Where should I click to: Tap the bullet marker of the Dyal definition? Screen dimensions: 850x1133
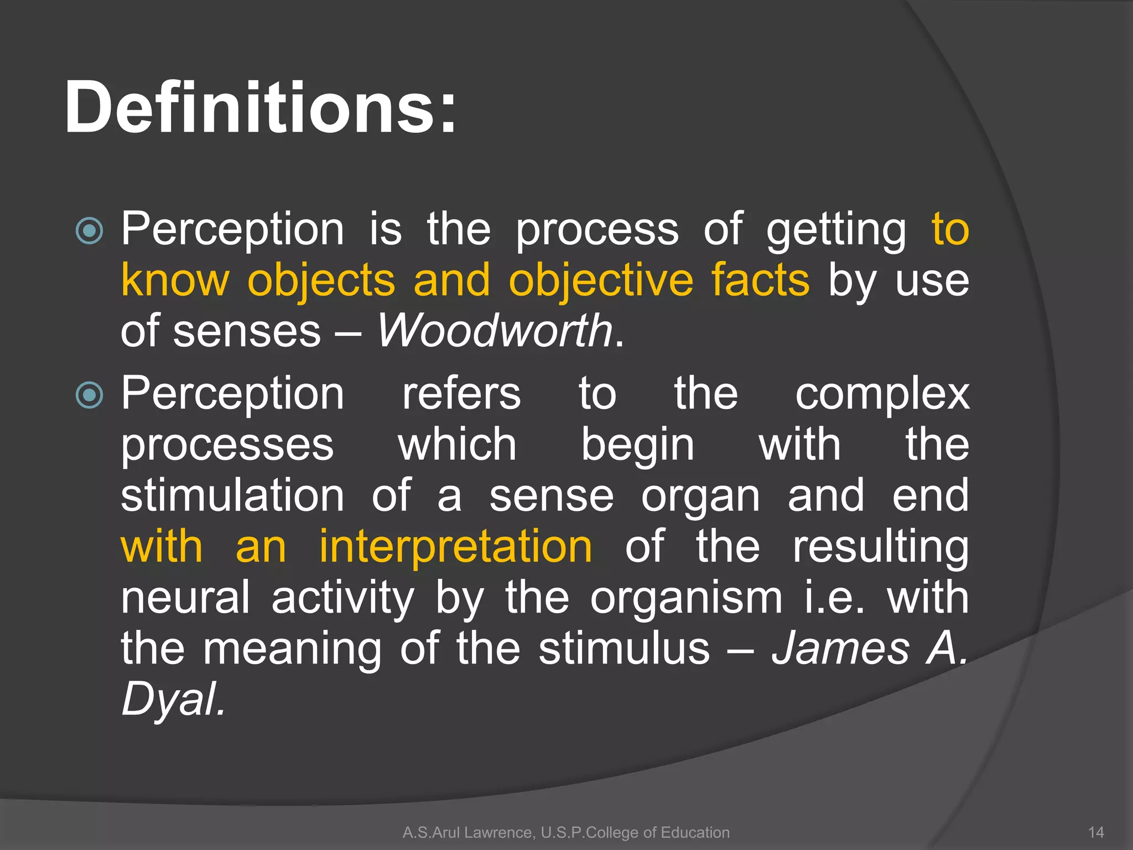coord(89,395)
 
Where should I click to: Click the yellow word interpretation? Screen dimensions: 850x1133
coord(456,546)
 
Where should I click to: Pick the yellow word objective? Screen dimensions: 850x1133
coord(601,280)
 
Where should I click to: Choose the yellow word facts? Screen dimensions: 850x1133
coord(760,280)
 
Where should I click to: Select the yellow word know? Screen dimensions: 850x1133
coord(175,280)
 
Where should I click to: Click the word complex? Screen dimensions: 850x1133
coord(882,394)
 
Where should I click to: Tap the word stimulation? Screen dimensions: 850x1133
coord(232,495)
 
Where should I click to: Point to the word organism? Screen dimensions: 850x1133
coord(686,598)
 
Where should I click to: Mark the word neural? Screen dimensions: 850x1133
coord(185,598)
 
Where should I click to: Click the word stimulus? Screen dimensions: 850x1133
coord(624,648)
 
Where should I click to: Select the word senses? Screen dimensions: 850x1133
coord(247,331)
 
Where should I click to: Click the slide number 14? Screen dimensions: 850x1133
coord(1095,832)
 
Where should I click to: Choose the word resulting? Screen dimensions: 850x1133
coord(881,547)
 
